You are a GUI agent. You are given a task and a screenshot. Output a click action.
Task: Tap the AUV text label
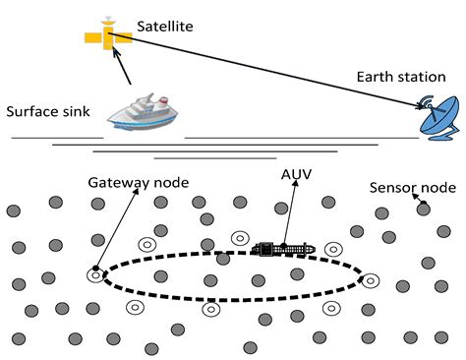(294, 174)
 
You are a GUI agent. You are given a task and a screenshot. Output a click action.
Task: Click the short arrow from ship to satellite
(124, 69)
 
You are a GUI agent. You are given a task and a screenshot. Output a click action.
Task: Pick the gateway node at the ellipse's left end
(95, 276)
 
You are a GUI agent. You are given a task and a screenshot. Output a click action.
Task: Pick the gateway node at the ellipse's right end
(370, 281)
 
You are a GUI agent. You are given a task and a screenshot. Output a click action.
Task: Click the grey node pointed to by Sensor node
(422, 209)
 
